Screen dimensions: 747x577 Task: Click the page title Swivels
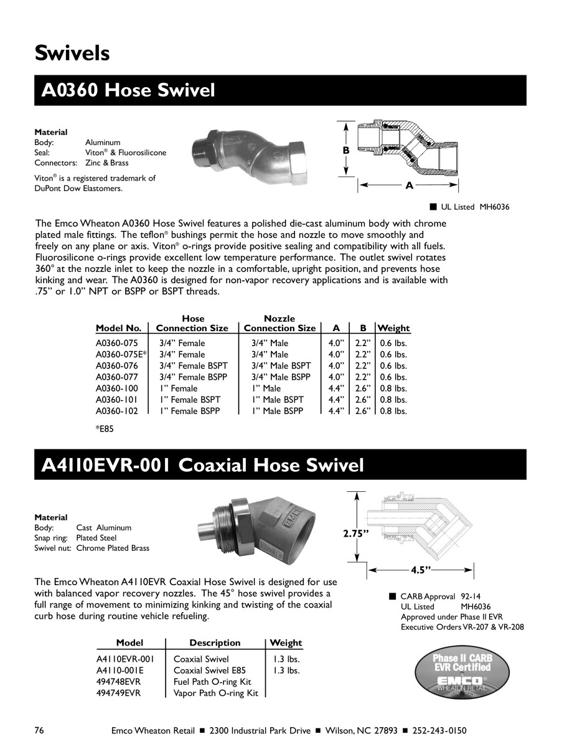point(72,54)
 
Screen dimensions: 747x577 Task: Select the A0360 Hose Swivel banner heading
point(128,91)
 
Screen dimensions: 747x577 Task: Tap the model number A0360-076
point(116,365)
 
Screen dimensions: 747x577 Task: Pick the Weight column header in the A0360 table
point(393,328)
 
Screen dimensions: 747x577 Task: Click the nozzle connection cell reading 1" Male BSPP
point(278,411)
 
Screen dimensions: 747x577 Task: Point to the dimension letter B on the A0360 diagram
point(345,151)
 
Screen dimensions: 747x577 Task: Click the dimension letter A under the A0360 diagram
point(409,185)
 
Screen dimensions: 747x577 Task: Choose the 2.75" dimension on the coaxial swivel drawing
point(357,533)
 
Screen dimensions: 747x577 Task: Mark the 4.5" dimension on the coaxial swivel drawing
point(421,569)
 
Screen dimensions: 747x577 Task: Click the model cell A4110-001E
point(120,670)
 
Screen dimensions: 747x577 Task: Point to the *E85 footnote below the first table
point(105,428)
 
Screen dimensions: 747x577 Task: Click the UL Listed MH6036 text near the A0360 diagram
point(470,207)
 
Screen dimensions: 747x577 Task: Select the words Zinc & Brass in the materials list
point(107,163)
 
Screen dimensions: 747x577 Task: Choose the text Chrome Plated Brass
point(113,548)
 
